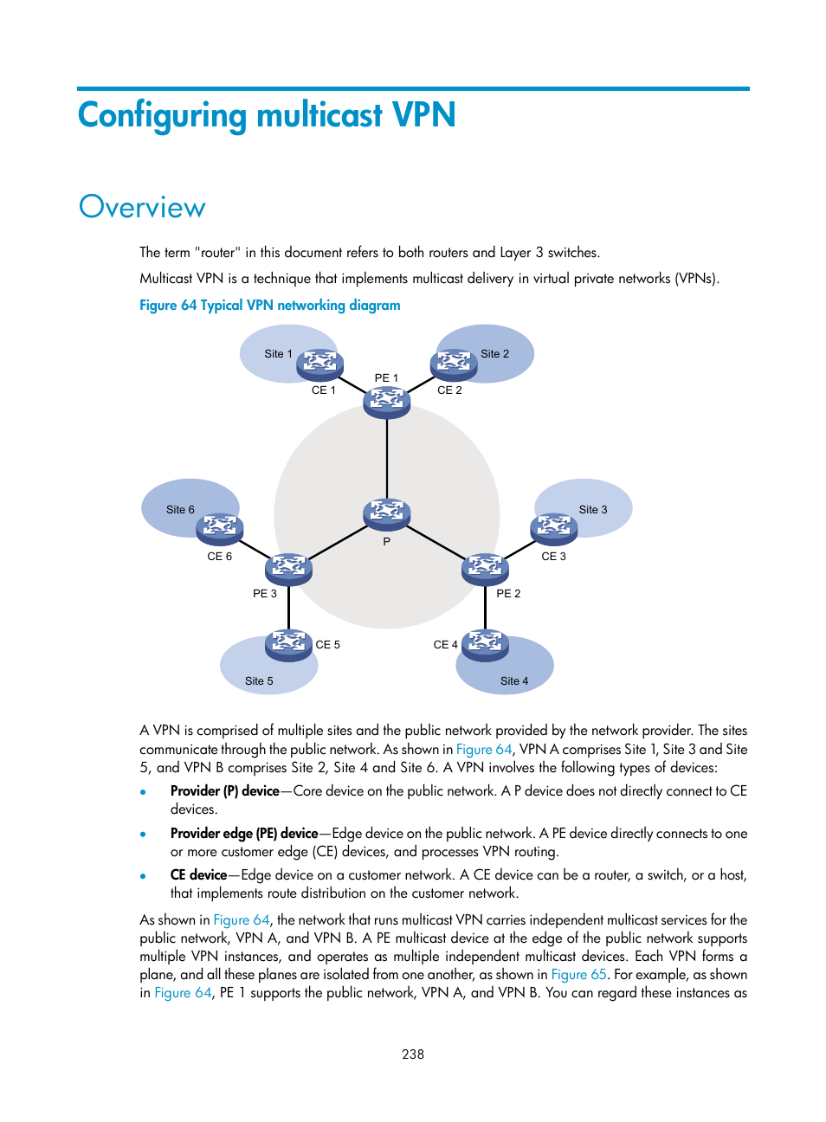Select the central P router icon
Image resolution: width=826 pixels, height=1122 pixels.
pos(387,513)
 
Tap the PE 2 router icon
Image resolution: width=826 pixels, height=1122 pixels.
pos(485,569)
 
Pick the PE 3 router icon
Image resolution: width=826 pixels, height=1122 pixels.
pos(288,569)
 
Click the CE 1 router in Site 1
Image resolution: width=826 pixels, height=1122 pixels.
pos(320,364)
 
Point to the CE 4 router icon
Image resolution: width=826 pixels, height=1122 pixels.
pos(485,644)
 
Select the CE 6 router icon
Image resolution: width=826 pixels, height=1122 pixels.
pos(220,528)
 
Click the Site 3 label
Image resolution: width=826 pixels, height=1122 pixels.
pos(593,510)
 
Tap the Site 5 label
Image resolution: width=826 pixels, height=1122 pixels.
pos(259,681)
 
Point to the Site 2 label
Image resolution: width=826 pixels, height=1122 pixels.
pos(495,354)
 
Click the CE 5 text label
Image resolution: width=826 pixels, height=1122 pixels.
pos(328,645)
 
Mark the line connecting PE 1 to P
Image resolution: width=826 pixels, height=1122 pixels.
pos(387,459)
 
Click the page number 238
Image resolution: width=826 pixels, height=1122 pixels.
pos(413,1054)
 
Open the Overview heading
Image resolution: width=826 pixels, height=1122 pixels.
pos(143,208)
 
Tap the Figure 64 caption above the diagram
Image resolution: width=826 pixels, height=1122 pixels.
pos(270,306)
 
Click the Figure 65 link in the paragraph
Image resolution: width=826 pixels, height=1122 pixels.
pos(579,975)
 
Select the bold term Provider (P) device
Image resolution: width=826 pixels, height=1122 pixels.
pos(225,791)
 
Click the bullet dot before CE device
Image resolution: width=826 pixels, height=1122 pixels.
pos(143,876)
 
